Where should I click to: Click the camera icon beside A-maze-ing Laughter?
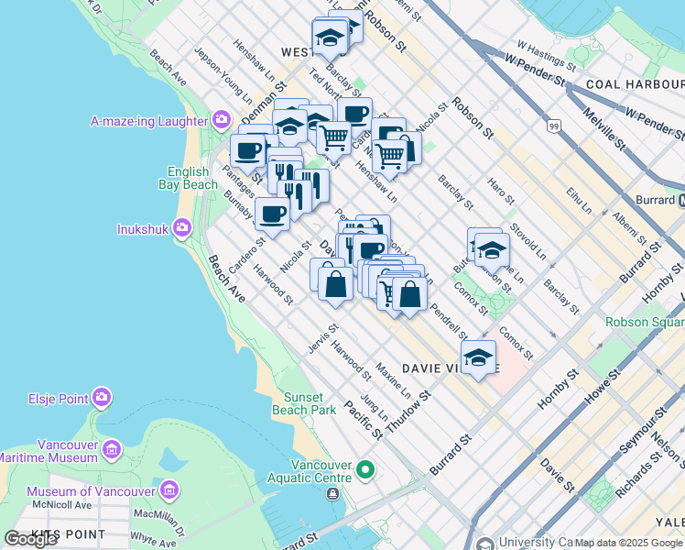[x=221, y=120]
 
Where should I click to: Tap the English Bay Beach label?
[x=193, y=178]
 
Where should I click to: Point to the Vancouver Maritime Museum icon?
[x=112, y=449]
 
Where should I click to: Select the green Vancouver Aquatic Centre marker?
[x=365, y=471]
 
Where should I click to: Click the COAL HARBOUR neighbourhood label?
[x=631, y=84]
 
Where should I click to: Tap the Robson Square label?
[x=645, y=322]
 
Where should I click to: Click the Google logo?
[x=31, y=539]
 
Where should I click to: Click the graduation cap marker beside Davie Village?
[x=477, y=357]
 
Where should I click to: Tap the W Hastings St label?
[x=546, y=55]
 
